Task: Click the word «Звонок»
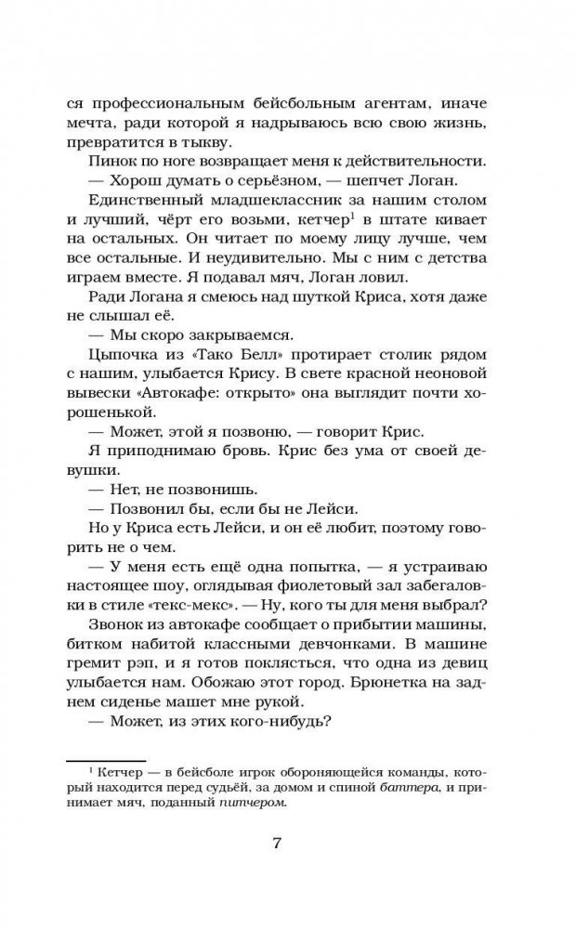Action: click(120, 629)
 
